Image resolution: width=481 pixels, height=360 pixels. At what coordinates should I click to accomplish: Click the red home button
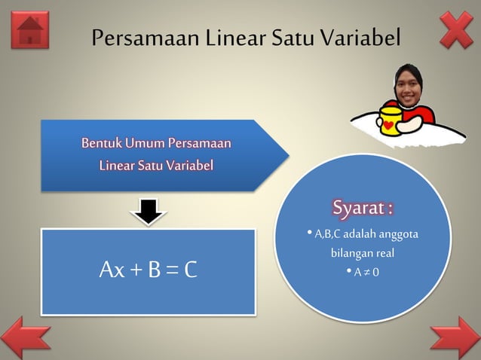click(30, 31)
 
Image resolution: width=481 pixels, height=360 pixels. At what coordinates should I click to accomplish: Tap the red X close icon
click(456, 30)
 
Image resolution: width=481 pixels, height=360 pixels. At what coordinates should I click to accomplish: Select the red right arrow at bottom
click(455, 338)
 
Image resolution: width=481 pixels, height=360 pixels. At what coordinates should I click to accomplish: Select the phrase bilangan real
click(363, 253)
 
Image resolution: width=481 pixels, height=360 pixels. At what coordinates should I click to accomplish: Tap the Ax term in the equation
click(112, 270)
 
